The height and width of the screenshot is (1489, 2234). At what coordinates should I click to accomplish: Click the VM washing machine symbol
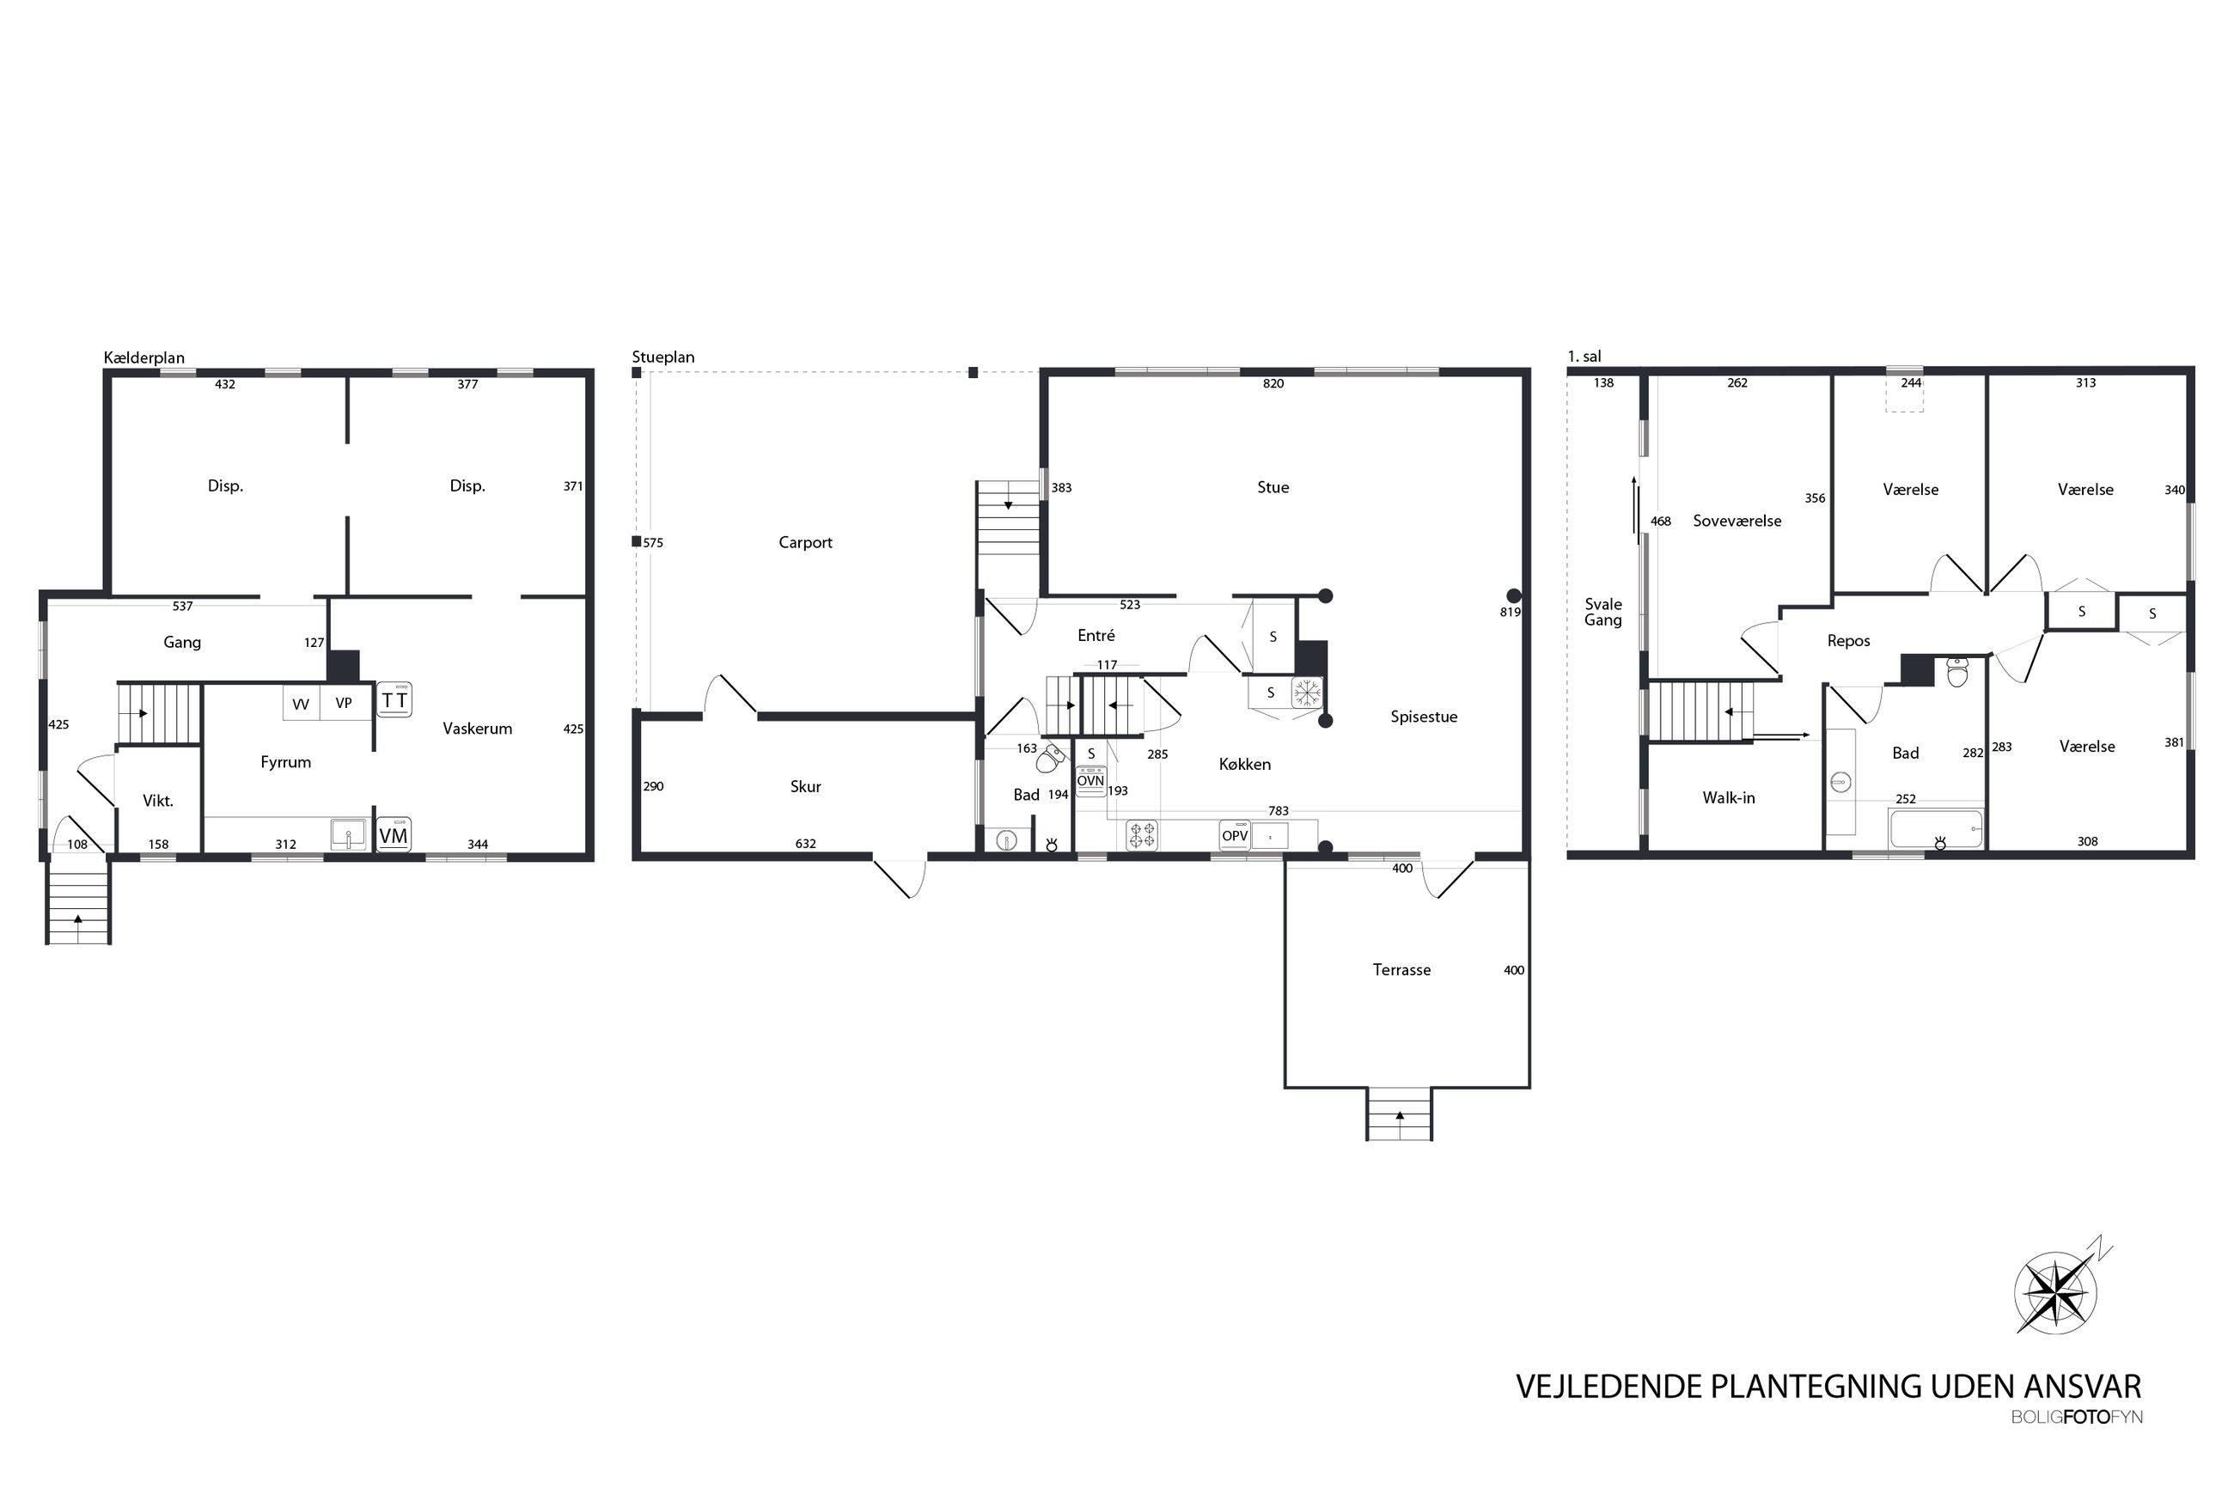coord(393,834)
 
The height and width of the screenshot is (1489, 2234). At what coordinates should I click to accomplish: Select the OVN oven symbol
coord(1091,780)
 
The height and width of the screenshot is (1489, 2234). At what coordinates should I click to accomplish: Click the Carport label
coord(805,542)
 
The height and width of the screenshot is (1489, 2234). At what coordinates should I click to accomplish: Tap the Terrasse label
coord(1401,969)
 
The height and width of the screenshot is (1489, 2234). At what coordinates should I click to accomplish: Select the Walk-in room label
coord(1728,797)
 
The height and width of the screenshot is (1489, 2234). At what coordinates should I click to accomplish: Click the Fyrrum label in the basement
coord(286,761)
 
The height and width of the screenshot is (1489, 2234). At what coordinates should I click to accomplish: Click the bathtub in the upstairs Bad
coord(1936,829)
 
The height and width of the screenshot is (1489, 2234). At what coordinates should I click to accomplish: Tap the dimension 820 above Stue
coord(1273,384)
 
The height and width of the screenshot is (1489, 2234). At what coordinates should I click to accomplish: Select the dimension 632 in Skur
coord(805,843)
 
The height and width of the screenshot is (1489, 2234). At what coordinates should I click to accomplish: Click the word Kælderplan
coord(144,358)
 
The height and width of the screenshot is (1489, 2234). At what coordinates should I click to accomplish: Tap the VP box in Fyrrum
coord(344,703)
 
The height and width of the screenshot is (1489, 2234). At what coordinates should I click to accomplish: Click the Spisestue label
coord(1423,717)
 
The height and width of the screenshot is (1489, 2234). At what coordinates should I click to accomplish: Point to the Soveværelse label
coord(1737,521)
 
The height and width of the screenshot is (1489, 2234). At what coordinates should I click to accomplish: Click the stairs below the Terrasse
coord(1399,1114)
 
